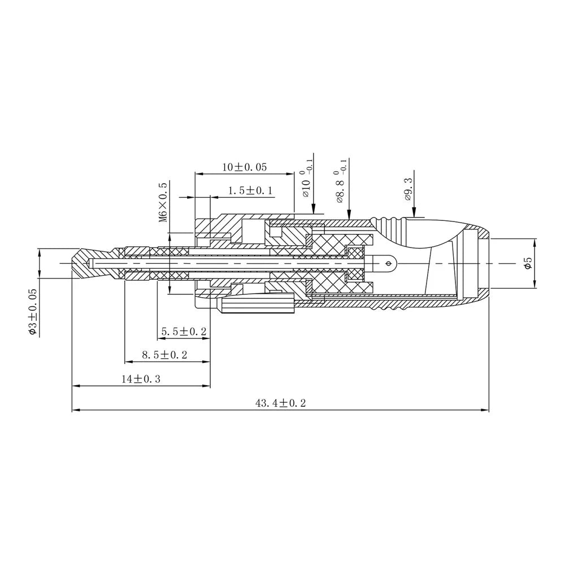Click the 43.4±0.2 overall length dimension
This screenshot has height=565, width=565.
click(x=280, y=403)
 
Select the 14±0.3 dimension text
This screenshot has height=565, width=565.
click(x=141, y=379)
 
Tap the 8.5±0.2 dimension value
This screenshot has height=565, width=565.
click(x=164, y=355)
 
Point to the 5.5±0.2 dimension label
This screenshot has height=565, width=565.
click(x=184, y=332)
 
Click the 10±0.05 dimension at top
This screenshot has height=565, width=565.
click(x=244, y=167)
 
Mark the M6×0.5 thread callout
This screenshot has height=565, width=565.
click(x=163, y=202)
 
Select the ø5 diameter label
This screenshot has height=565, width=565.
click(x=528, y=263)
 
